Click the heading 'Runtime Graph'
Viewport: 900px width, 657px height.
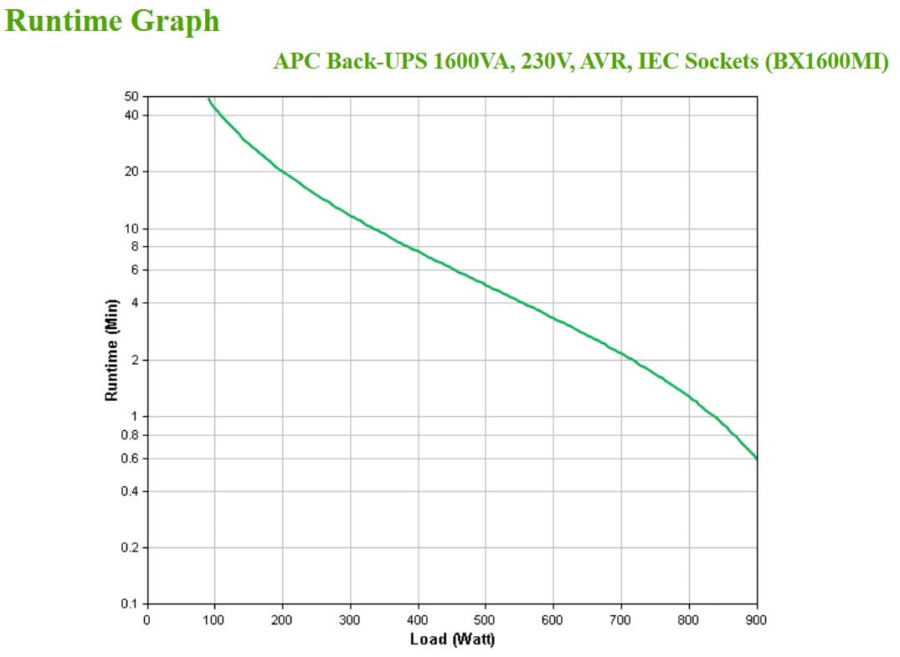[112, 21]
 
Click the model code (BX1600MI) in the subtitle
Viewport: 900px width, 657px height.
[827, 62]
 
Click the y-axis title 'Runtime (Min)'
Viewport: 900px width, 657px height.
[111, 350]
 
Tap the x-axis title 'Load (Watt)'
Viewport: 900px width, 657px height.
[452, 639]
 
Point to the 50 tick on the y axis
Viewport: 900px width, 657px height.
[132, 97]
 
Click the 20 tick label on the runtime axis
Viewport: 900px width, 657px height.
[132, 172]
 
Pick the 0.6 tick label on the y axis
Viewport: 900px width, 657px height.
[131, 459]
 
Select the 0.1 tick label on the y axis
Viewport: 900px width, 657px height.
[131, 603]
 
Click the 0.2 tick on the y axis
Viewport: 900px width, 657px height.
[131, 547]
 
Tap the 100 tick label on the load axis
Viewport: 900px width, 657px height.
[214, 620]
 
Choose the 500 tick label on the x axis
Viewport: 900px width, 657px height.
[486, 620]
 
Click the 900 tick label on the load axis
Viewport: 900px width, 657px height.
[756, 620]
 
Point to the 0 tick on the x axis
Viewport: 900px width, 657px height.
[147, 620]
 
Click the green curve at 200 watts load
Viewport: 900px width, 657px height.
[283, 172]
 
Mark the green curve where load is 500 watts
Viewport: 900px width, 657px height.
[486, 285]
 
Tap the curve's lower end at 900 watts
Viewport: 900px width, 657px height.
[756, 458]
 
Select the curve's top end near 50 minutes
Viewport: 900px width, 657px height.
[209, 99]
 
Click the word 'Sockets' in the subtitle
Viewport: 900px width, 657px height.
[721, 62]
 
